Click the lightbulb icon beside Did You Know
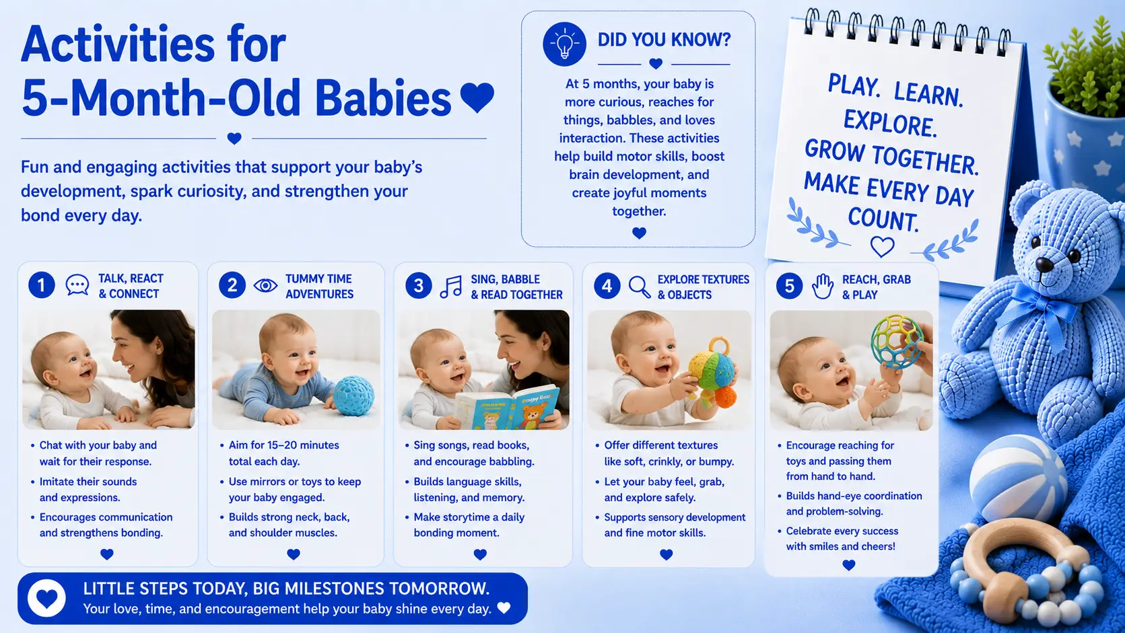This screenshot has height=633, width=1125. click(x=564, y=44)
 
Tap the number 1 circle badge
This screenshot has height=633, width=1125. click(x=41, y=285)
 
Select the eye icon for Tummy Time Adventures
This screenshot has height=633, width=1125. click(x=265, y=286)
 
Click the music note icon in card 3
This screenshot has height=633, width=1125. click(x=451, y=287)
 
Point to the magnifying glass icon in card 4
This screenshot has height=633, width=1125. click(x=640, y=287)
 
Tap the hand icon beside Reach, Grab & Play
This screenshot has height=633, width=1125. click(x=823, y=287)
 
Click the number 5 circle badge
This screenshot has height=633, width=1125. click(x=789, y=286)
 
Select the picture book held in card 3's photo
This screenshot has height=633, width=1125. click(x=506, y=408)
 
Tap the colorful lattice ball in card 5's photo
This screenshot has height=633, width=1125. click(x=897, y=342)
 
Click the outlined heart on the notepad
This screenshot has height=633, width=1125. click(x=882, y=246)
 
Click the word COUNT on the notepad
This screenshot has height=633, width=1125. click(x=883, y=219)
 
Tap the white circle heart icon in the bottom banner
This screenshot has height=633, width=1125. click(x=46, y=599)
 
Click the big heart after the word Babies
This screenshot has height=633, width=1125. click(x=477, y=98)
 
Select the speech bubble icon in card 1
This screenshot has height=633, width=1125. click(x=77, y=285)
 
